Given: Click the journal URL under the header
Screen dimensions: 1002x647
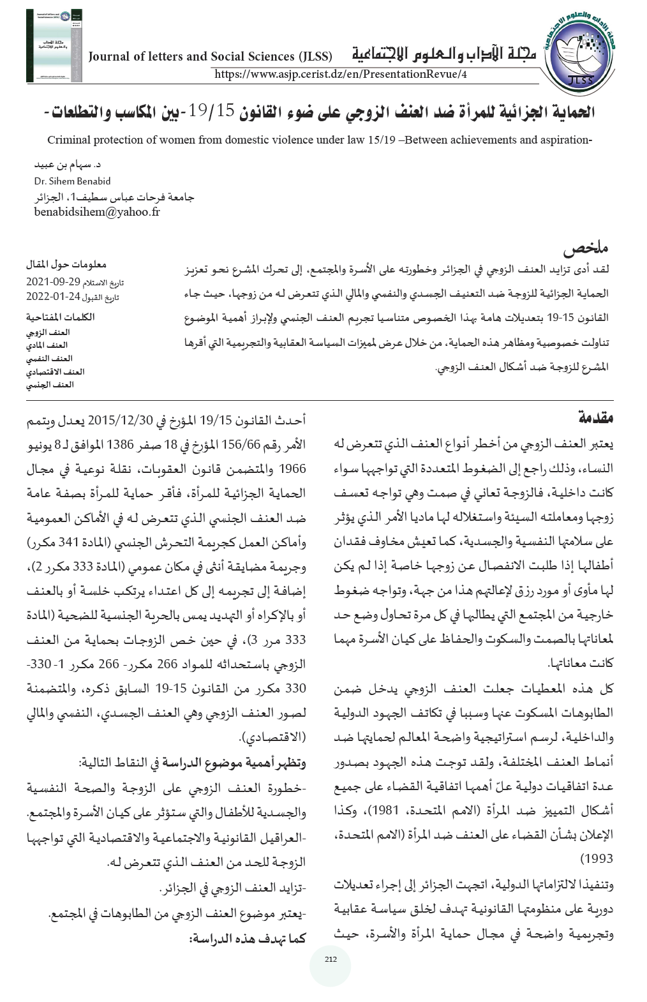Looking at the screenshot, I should pyautogui.click(x=341, y=74).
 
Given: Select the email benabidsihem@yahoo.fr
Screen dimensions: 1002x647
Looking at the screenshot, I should pyautogui.click(x=97, y=212).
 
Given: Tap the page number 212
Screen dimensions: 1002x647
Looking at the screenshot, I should pyautogui.click(x=330, y=959).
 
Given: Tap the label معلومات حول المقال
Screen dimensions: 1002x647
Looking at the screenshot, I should pyautogui.click(x=66, y=264).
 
